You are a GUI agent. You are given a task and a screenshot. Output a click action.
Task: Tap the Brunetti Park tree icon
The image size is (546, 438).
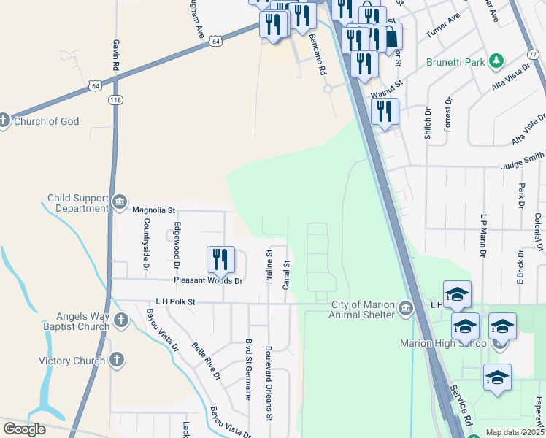(496, 61)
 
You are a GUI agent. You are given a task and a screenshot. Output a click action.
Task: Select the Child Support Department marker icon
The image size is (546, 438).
(120, 202)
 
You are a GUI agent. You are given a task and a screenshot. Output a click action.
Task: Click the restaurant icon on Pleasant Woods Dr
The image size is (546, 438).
(220, 259)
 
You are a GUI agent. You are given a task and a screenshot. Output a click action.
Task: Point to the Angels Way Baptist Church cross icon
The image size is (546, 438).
(120, 320)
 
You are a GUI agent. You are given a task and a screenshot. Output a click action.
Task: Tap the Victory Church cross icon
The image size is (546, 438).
(115, 360)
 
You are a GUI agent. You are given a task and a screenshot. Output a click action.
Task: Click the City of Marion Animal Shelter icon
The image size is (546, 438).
(407, 309)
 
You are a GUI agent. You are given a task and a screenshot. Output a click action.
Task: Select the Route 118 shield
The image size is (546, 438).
(115, 99)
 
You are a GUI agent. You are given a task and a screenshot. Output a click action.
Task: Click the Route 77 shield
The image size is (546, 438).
(531, 55)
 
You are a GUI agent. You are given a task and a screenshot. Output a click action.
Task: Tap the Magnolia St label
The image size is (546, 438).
(154, 210)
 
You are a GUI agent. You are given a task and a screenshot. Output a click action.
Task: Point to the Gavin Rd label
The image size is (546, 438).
(115, 55)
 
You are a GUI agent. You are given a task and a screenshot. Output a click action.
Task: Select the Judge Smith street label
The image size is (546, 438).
(523, 165)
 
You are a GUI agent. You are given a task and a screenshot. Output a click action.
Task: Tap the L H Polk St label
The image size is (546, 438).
(176, 301)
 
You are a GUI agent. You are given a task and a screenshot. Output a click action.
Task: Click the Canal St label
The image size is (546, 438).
(287, 274)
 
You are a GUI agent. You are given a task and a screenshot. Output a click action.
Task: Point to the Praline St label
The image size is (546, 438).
(269, 270)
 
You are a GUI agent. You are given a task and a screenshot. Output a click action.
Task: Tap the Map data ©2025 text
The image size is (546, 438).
(515, 432)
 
